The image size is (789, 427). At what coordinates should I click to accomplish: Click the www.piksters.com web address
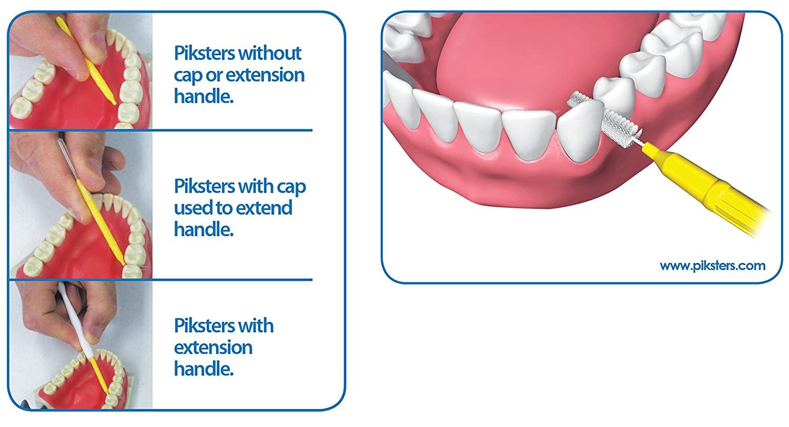tap(712, 266)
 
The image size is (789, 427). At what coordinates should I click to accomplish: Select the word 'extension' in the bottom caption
tap(213, 348)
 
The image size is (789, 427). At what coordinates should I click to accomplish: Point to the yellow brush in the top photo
tap(86, 60)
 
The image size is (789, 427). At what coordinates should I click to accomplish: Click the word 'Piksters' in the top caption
tap(204, 54)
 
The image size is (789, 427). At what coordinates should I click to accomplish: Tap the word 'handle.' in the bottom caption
tap(204, 369)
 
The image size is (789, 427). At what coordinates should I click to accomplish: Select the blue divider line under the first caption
tap(160, 130)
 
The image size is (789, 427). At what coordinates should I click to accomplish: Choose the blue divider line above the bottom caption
tap(160, 280)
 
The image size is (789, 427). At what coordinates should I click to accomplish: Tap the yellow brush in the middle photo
tap(100, 222)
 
